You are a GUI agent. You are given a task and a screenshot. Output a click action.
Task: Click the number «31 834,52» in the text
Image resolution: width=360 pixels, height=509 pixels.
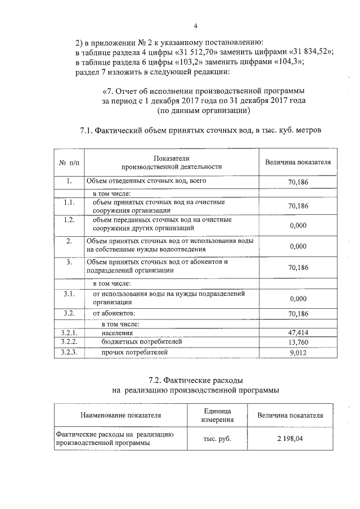click(308, 52)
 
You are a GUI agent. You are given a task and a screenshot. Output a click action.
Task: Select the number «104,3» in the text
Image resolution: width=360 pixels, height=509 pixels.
click(286, 62)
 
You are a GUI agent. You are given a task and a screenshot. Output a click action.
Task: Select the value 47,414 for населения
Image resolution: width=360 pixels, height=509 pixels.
click(298, 333)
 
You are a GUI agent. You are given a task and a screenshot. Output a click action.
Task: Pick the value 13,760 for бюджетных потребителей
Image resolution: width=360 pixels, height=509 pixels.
click(298, 342)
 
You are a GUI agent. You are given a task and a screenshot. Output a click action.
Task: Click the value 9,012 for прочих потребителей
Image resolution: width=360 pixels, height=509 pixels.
click(298, 353)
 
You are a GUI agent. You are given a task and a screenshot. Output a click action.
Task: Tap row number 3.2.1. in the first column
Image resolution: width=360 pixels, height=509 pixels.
click(69, 333)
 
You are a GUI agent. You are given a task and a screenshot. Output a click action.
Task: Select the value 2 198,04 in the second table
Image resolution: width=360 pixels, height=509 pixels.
click(290, 439)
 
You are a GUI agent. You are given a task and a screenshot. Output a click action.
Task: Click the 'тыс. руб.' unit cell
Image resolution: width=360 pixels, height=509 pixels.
click(217, 439)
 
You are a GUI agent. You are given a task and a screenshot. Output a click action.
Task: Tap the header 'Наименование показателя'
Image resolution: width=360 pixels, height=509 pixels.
click(121, 416)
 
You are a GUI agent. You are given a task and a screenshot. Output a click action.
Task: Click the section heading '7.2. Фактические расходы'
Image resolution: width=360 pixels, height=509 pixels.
click(196, 381)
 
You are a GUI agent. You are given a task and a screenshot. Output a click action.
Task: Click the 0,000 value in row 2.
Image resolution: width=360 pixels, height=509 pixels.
click(298, 246)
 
